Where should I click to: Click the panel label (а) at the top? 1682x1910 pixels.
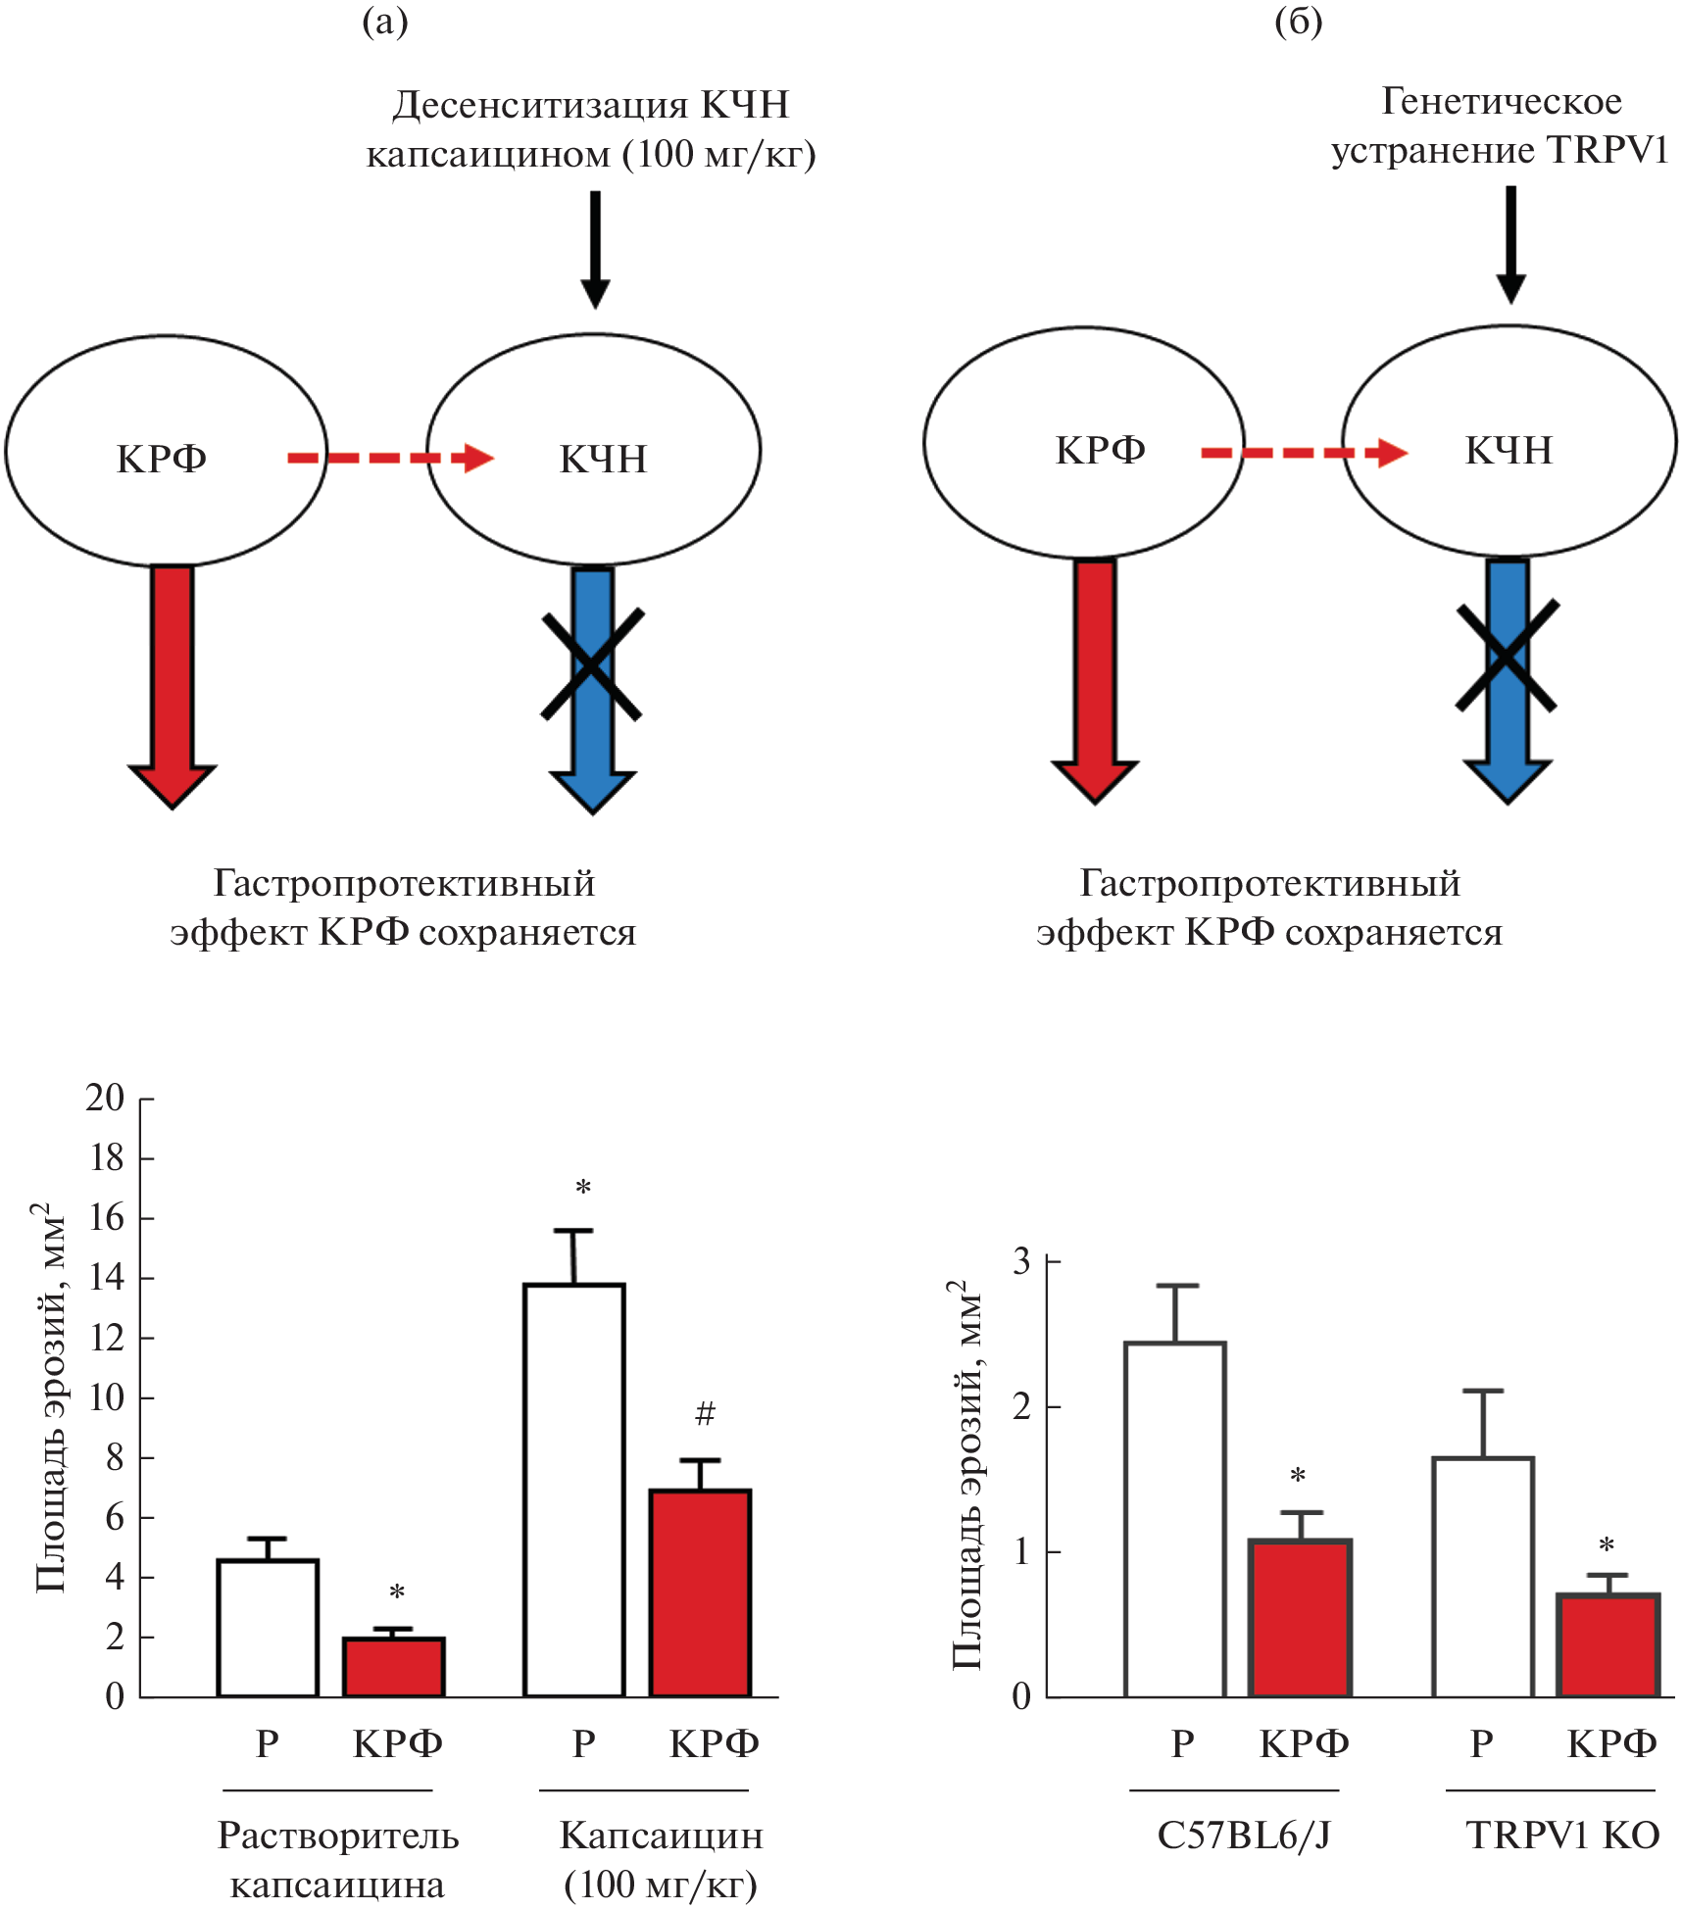(384, 22)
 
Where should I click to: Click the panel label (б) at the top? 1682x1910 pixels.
(1299, 22)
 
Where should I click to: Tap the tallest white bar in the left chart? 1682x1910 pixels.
(574, 1490)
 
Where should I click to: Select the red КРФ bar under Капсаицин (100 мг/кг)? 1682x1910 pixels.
(701, 1592)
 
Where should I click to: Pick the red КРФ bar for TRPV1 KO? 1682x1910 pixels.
(1608, 1646)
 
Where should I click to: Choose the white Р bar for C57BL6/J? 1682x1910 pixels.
(1175, 1519)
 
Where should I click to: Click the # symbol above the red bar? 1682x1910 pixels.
(705, 1413)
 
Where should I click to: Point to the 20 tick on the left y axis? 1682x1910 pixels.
(106, 1099)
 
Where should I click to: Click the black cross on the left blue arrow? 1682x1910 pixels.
(592, 664)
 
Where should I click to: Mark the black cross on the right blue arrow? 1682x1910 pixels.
(1507, 656)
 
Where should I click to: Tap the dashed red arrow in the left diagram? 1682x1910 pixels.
(390, 458)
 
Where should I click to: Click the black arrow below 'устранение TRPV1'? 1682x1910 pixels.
(1510, 244)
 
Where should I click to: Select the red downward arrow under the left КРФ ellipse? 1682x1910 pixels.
(172, 685)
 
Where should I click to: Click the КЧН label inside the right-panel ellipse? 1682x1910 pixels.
(1509, 451)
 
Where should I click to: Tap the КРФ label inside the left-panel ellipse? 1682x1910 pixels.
(162, 459)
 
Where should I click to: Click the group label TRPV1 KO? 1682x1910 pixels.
(1562, 1836)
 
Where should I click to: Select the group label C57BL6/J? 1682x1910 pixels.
(1244, 1836)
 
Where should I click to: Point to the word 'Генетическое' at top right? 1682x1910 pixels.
(1501, 101)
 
